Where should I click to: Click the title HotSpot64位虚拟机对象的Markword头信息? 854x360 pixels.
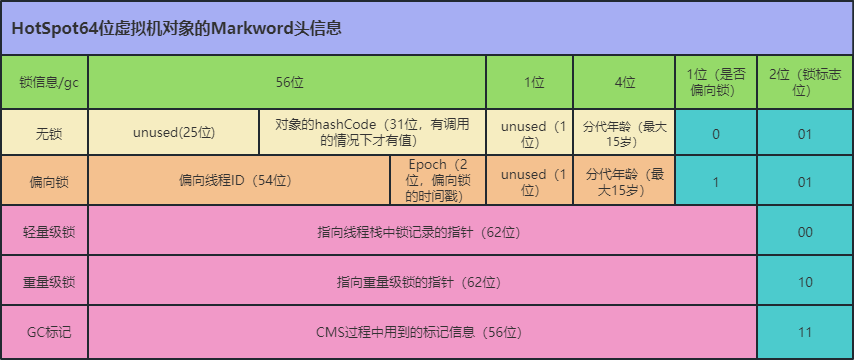(177, 29)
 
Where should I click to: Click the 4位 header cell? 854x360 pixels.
(624, 82)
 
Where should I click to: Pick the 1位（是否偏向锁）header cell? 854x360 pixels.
(716, 82)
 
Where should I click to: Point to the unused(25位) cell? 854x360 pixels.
(174, 133)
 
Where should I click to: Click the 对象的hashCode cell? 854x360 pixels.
(373, 133)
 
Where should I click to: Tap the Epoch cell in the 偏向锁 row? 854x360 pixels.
(438, 182)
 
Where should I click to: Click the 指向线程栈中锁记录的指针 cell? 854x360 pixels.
(421, 232)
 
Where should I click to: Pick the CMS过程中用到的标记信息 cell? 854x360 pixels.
(421, 332)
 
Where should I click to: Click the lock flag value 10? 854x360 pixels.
(805, 282)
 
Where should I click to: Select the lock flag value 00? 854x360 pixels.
(805, 232)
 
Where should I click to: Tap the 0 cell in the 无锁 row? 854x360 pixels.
(716, 133)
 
